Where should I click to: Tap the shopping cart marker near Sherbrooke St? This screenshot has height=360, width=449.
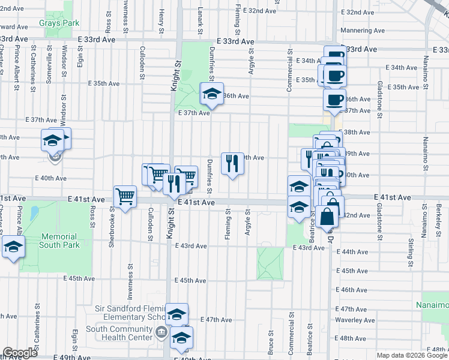pyautogui.click(x=125, y=197)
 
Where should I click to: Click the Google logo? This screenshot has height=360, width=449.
pyautogui.click(x=20, y=353)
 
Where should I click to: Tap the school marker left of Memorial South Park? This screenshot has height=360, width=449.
pyautogui.click(x=13, y=247)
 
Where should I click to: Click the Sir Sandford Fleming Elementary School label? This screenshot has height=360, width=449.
pyautogui.click(x=130, y=313)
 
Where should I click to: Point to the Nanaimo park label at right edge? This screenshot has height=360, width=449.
pyautogui.click(x=432, y=305)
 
